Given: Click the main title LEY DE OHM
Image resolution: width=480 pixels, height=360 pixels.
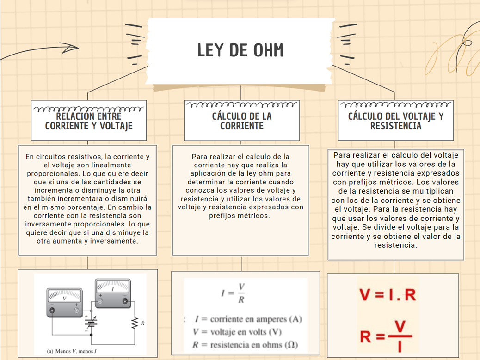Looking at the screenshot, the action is pos(240,50).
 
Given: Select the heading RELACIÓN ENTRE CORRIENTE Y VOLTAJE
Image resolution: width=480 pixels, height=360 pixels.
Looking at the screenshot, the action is pos(89,121).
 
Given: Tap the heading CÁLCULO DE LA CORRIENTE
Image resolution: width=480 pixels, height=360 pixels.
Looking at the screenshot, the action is pos(241,121).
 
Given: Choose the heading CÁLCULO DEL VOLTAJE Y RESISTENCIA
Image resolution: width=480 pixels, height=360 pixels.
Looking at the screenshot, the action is pos(395,121).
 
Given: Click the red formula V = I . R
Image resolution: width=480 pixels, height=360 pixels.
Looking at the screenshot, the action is pos(388,294).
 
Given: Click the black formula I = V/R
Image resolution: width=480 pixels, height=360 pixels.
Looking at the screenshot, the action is pos(234,293).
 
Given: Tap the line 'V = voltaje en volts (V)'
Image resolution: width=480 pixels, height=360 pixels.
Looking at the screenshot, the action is pos(237,332).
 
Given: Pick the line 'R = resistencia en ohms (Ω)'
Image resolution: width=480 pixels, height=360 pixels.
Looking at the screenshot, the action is pos(245,345).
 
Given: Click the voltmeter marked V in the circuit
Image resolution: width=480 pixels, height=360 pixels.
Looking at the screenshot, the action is pos(64,302).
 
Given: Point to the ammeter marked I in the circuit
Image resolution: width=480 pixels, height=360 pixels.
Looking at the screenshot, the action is pos(113,293).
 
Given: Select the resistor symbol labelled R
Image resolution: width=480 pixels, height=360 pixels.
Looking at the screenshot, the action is pos(135,323).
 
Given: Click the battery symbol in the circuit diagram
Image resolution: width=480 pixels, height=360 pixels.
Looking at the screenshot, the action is pos(91,323).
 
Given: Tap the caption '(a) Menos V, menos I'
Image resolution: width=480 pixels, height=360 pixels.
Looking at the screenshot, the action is pos(75,351).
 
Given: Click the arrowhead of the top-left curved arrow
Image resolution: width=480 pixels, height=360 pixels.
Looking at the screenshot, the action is pos(74,47).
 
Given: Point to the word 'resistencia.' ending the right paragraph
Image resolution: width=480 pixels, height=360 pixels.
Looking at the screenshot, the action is pos(396,245).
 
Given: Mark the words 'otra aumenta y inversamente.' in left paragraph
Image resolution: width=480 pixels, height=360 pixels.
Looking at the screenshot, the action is pos(87,241).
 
